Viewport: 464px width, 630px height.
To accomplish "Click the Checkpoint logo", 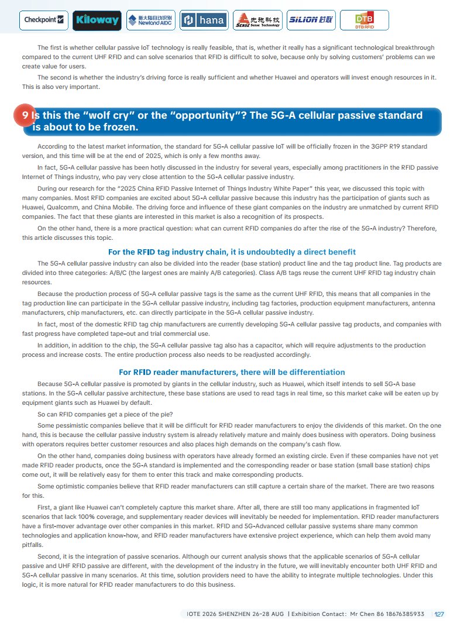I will [44, 20].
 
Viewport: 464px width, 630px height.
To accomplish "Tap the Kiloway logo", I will [97, 20].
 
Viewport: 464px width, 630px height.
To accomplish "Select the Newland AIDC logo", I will [150, 20].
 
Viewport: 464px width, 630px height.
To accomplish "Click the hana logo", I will [204, 20].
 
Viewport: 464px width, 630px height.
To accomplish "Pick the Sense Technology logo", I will [257, 20].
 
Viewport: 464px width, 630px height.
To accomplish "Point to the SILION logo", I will [310, 20].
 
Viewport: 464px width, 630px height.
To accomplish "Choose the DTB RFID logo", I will [364, 20].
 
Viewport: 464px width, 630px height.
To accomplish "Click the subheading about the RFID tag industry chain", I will [232, 252].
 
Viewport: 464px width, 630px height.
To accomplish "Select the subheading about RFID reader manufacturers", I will [232, 372].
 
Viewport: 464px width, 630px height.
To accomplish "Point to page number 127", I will [439, 614].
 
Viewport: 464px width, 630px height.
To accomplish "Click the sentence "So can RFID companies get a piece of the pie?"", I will [105, 415].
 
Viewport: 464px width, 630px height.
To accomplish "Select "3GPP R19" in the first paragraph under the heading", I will [390, 146].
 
